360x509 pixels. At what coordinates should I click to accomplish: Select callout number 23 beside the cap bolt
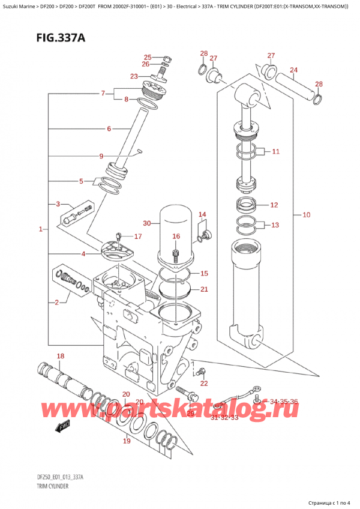click(134, 76)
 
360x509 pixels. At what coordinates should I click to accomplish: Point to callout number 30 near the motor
click(147, 223)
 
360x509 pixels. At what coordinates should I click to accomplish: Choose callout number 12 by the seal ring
click(274, 205)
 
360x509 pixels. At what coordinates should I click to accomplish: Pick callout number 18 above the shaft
click(60, 357)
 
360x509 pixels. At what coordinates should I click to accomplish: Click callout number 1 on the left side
click(40, 229)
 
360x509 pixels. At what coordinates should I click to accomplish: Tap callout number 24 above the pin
click(293, 70)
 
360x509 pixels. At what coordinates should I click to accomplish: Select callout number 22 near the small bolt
click(204, 384)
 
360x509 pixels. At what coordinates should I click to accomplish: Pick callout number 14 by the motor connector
click(202, 214)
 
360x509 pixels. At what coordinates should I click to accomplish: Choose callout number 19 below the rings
click(127, 441)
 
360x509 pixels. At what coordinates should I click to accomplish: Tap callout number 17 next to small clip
click(137, 236)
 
